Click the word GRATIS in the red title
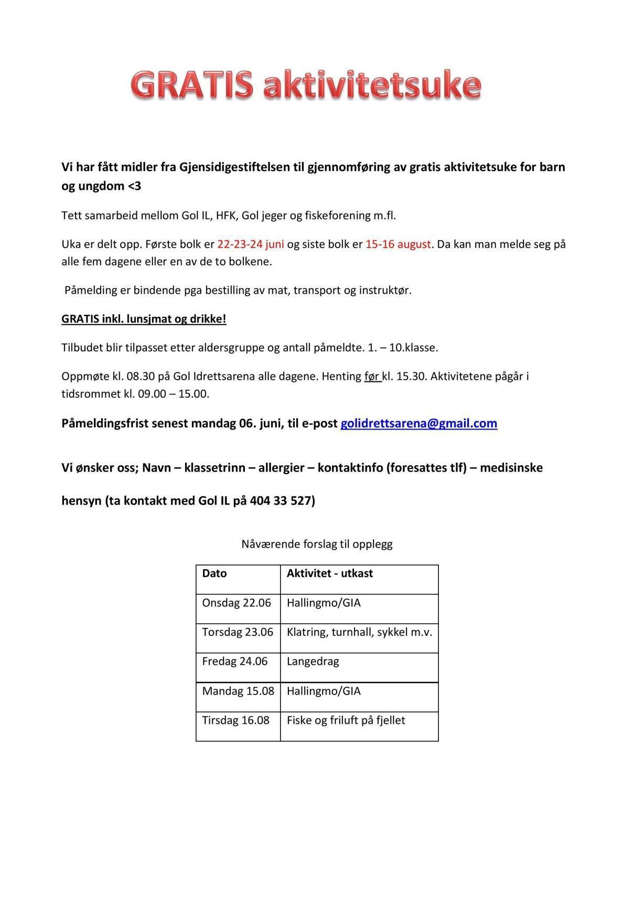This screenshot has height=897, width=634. (x=191, y=86)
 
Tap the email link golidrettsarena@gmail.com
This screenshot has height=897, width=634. (x=418, y=423)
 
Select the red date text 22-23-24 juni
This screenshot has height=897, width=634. (x=251, y=244)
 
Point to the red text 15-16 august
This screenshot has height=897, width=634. (x=399, y=244)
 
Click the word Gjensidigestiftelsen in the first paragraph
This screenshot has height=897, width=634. (x=234, y=167)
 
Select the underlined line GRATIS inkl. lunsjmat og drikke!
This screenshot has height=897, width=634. (x=144, y=319)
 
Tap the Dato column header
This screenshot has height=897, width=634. (x=214, y=573)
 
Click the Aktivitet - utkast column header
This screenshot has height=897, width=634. (x=329, y=573)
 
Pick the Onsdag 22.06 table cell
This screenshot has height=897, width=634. (x=237, y=603)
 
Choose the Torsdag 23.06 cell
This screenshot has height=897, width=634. (x=238, y=632)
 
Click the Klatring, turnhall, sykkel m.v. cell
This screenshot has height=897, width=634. (x=359, y=632)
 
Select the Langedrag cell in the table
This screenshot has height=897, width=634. (x=313, y=661)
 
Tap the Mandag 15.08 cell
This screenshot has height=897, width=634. (x=238, y=691)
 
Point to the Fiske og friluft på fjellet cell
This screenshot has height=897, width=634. (x=346, y=720)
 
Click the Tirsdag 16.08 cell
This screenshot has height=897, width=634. (x=235, y=720)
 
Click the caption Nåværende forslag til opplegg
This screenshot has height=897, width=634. (x=317, y=544)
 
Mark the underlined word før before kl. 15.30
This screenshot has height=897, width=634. (x=372, y=377)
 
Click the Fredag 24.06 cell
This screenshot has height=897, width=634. (x=234, y=661)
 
